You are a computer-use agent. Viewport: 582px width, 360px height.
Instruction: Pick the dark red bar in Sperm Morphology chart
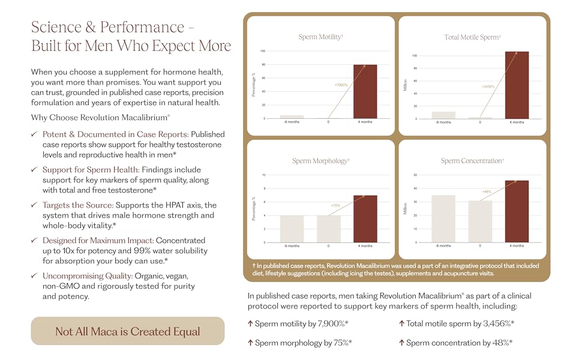pyautogui.click(x=365, y=218)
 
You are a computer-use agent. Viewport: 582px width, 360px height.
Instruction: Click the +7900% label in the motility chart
pyautogui.click(x=341, y=85)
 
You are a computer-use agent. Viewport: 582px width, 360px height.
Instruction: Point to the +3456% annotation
pyautogui.click(x=488, y=87)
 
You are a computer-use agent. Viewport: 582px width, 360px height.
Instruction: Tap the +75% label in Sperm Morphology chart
pyautogui.click(x=336, y=206)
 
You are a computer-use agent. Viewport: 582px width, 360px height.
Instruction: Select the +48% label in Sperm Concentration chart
pyautogui.click(x=487, y=191)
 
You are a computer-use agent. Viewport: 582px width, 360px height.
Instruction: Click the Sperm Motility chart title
pyautogui.click(x=320, y=37)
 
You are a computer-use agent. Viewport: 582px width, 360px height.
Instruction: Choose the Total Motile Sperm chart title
pyautogui.click(x=472, y=37)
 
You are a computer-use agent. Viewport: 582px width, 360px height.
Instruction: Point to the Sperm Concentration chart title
pyautogui.click(x=472, y=161)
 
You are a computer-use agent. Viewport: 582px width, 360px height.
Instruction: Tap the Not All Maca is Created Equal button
pyautogui.click(x=127, y=331)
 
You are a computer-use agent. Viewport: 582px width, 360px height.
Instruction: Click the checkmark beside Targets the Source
pyautogui.click(x=35, y=205)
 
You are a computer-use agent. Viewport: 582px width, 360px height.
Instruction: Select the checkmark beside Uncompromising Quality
pyautogui.click(x=35, y=276)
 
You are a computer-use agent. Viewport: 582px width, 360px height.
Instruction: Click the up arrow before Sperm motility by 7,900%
pyautogui.click(x=250, y=324)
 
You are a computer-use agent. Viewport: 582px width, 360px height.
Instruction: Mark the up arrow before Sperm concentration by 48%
pyautogui.click(x=401, y=343)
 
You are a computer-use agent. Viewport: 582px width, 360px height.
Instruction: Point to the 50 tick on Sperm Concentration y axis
pyautogui.click(x=415, y=175)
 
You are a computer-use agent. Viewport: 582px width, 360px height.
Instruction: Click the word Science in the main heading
pyautogui.click(x=56, y=27)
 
